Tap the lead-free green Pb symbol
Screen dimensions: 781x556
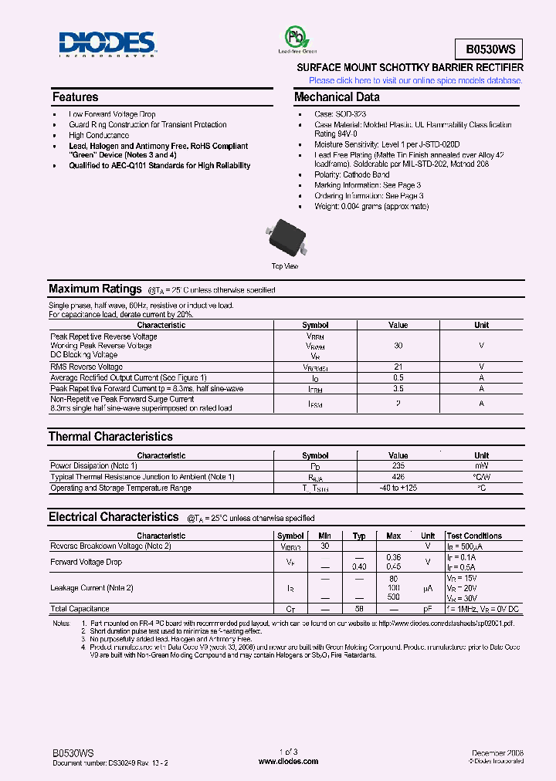[x=293, y=38]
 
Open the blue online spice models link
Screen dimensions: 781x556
[x=415, y=80]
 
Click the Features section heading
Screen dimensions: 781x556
[x=75, y=97]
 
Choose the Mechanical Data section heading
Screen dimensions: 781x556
[x=337, y=97]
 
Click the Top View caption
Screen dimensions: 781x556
[x=284, y=266]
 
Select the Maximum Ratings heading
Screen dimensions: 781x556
[x=95, y=289]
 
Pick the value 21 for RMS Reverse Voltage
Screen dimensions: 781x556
[x=398, y=367]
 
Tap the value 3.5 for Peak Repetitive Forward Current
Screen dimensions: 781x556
[x=398, y=389]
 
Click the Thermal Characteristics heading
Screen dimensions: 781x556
[x=110, y=437]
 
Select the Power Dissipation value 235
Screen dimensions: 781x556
[x=398, y=466]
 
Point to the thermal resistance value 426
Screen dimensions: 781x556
[x=398, y=477]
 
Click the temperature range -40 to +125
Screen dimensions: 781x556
[x=398, y=488]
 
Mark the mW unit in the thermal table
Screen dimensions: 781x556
[x=481, y=466]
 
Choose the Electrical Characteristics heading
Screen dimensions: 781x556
[x=114, y=517]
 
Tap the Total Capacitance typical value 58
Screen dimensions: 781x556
[x=359, y=609]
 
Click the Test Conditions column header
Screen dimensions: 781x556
[x=474, y=536]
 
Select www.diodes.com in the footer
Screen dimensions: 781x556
[x=288, y=761]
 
